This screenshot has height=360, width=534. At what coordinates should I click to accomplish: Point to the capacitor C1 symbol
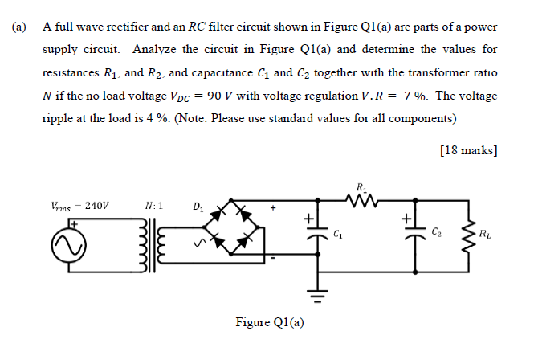(310, 234)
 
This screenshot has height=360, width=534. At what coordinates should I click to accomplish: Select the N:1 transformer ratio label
(154, 205)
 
